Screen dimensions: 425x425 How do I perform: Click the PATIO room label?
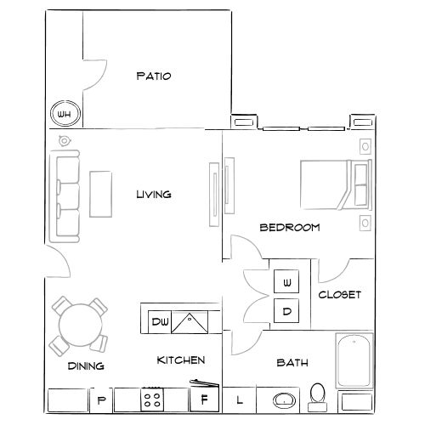pos(154,76)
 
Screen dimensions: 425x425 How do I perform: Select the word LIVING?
pos(154,195)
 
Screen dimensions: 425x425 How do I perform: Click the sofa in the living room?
pos(66,195)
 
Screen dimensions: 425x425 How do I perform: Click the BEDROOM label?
pos(289,227)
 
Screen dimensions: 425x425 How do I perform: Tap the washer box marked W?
pos(287,281)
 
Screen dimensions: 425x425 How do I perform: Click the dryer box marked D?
pos(287,311)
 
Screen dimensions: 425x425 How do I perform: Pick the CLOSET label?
pos(340,295)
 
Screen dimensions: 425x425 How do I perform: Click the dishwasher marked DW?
pos(160,322)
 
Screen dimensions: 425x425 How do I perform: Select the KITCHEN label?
pos(181,360)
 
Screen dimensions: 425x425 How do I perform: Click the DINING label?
pos(85,366)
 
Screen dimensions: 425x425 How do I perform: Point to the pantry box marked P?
pos(101,399)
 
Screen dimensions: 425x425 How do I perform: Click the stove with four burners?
pos(152,399)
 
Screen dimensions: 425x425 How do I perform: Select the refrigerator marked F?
pos(203,399)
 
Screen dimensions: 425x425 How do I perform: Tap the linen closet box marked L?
pos(239,399)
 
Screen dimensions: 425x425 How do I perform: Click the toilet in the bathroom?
pos(319,394)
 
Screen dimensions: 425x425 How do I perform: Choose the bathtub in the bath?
pos(354,360)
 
